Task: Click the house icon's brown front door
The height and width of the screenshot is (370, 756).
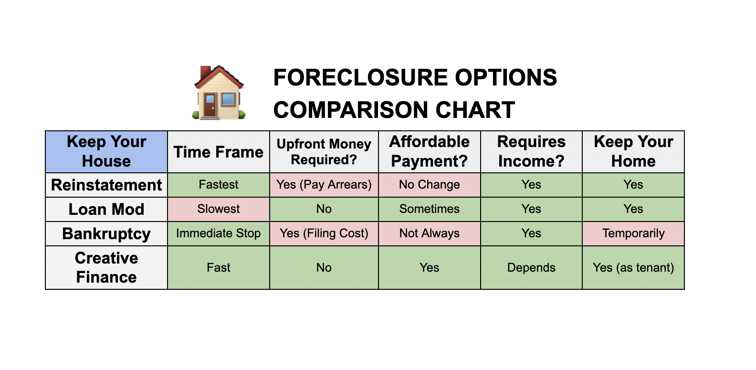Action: (x=210, y=105)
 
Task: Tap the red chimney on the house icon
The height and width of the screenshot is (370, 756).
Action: (x=205, y=72)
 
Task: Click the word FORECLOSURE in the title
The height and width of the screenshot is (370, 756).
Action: (x=361, y=77)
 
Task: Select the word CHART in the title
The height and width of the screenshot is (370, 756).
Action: (x=475, y=110)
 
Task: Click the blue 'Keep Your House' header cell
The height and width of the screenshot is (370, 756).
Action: (x=106, y=151)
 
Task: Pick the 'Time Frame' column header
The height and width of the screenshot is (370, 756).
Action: (x=219, y=151)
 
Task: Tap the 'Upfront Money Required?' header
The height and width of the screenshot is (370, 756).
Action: (x=324, y=151)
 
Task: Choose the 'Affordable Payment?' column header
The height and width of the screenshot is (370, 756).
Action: (x=429, y=151)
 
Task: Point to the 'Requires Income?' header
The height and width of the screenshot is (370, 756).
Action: (x=531, y=151)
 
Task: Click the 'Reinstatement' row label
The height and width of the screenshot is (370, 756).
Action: (x=106, y=185)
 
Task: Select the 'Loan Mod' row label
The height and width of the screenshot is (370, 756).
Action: (x=106, y=209)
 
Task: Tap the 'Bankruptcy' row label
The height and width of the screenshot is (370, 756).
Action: (x=106, y=233)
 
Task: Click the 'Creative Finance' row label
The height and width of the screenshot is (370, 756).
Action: (x=106, y=267)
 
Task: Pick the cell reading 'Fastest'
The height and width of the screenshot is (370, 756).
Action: (x=219, y=185)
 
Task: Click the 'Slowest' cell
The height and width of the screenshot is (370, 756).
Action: (x=219, y=209)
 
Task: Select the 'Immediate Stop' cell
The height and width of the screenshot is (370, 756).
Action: (x=219, y=233)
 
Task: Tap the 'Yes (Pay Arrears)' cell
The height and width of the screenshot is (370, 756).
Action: (x=324, y=185)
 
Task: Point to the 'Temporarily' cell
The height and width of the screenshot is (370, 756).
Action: (x=633, y=233)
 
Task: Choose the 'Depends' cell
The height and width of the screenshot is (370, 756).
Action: (x=531, y=267)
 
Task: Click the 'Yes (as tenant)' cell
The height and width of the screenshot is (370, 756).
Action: (x=633, y=267)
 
